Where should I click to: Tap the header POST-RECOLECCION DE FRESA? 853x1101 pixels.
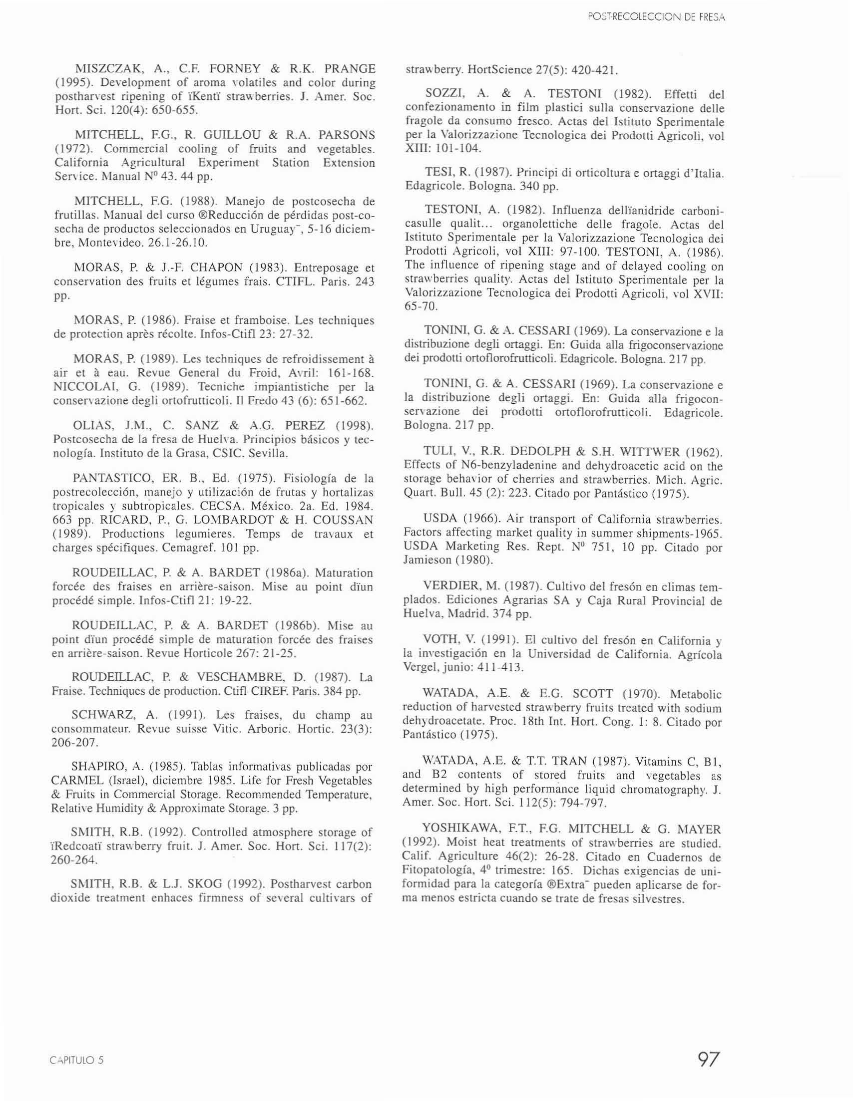pyautogui.click(x=656, y=17)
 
